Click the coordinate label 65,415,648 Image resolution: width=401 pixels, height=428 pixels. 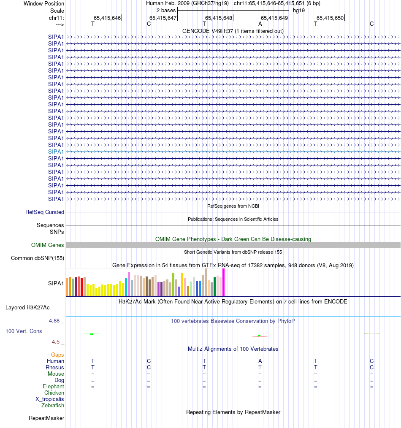219,18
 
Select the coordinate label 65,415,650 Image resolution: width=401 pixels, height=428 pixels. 330,18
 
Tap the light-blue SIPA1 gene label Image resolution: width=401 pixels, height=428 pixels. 56,152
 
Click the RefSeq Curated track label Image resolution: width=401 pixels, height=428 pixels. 45,212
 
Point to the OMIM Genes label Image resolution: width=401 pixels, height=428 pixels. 48,245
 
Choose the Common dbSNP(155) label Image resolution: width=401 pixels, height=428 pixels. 38,258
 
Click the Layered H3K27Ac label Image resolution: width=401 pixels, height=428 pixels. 27,307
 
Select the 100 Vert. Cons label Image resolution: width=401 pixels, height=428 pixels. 24,331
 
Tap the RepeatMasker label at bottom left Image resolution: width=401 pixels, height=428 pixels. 46,418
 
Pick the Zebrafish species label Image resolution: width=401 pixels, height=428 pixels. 53,406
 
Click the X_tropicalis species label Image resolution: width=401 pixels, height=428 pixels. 50,399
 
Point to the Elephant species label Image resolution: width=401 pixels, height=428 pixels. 53,387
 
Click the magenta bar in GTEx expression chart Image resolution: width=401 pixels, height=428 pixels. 224,282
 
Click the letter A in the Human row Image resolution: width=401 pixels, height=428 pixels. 260,361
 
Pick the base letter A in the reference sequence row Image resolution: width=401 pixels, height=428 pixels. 260,24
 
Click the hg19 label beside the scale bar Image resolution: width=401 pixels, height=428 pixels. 299,10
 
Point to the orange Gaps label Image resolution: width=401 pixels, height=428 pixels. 57,355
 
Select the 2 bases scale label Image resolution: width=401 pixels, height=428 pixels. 166,10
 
